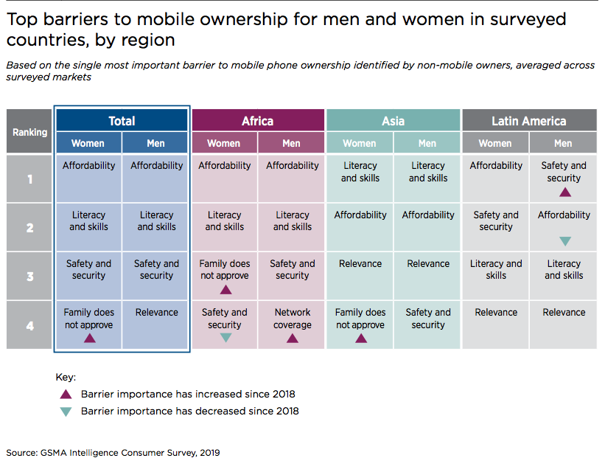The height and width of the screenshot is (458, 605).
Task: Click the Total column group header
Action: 122,120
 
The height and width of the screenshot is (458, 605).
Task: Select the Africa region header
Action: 258,120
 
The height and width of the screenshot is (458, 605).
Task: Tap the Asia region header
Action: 394,120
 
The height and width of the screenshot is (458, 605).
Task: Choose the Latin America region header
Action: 529,120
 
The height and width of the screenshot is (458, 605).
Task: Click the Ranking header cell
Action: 29,131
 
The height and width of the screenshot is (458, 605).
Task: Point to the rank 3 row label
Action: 29,276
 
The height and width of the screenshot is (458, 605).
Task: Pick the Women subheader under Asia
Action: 360,143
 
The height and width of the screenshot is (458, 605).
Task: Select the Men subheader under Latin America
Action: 563,143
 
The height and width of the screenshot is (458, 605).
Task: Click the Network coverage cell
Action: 291,325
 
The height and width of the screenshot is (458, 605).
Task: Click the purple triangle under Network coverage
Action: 293,339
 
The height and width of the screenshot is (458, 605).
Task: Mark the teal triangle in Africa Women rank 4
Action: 225,339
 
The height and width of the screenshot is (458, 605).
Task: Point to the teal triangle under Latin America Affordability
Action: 565,241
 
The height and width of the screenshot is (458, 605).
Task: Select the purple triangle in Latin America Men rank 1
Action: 565,192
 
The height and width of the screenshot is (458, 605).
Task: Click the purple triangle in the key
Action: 66,394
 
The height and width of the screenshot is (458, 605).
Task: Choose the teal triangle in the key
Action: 66,412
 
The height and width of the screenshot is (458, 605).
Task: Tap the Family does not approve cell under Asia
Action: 360,325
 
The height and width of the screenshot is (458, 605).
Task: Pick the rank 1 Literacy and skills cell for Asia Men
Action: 427,178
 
